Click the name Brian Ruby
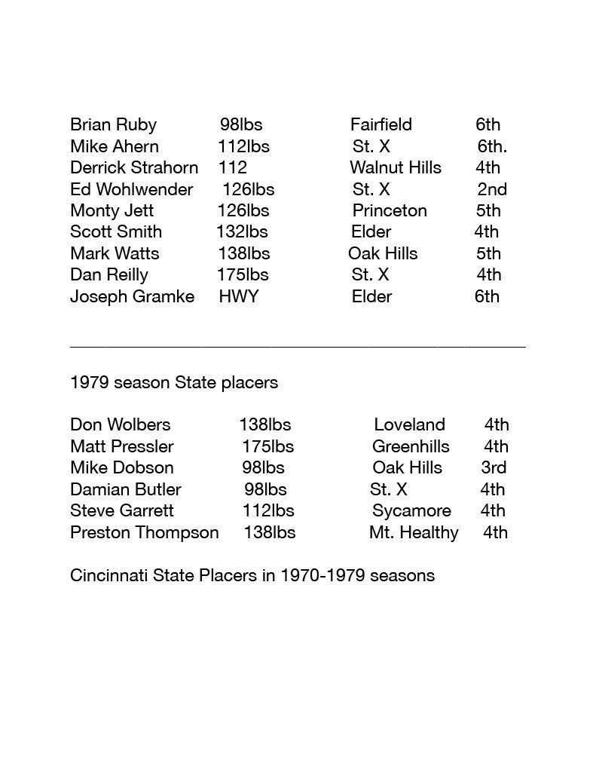click(x=113, y=125)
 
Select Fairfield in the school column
click(x=381, y=125)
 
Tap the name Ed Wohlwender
click(x=131, y=189)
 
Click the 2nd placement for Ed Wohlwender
click(x=491, y=189)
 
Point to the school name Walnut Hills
click(x=395, y=168)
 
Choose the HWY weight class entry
click(x=238, y=296)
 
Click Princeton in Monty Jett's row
click(x=389, y=211)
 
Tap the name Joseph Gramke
click(x=132, y=296)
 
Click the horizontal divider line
click(x=298, y=346)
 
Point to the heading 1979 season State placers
click(x=173, y=383)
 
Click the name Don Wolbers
click(x=120, y=425)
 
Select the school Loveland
click(x=409, y=425)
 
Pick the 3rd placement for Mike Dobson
click(x=494, y=468)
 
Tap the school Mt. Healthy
click(x=413, y=533)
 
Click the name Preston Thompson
click(x=144, y=533)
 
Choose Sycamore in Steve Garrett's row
click(x=411, y=511)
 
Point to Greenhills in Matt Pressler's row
click(x=411, y=447)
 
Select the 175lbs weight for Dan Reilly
click(x=242, y=275)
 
